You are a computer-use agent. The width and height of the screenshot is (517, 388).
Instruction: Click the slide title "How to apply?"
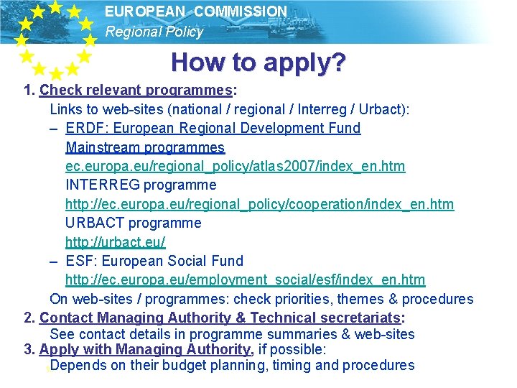(x=258, y=63)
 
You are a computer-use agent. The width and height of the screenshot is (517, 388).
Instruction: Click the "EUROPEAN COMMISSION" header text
(x=195, y=11)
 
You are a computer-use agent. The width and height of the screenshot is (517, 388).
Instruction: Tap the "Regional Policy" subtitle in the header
(x=154, y=32)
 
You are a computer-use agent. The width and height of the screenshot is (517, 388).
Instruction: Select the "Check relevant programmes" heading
(x=136, y=91)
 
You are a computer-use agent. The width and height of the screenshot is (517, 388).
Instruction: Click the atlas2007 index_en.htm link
(x=235, y=167)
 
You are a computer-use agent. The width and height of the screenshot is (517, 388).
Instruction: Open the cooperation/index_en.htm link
(x=259, y=204)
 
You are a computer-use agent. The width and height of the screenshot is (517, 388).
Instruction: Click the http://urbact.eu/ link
(x=115, y=241)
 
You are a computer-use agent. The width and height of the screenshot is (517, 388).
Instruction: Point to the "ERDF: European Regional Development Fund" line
(x=213, y=129)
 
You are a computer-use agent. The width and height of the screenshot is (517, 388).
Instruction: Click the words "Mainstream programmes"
(x=145, y=147)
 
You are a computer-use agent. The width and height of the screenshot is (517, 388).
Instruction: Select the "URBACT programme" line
(x=133, y=223)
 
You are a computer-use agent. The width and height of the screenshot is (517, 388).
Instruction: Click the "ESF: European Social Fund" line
(x=154, y=261)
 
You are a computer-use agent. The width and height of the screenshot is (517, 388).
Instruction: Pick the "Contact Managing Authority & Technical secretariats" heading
(x=220, y=318)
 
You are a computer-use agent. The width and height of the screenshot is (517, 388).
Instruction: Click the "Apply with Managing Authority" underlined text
(x=145, y=350)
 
